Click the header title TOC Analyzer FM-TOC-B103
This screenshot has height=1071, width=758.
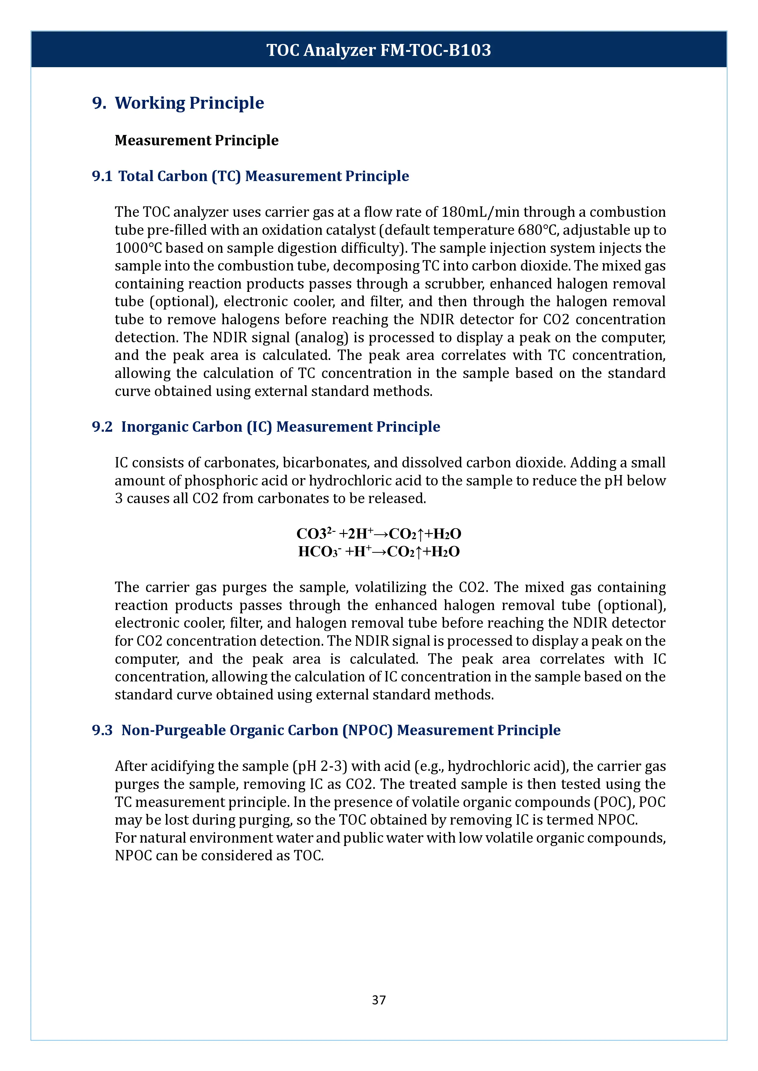pos(379,50)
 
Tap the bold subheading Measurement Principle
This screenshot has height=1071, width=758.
pos(196,140)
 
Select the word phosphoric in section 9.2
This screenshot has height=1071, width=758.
pos(218,481)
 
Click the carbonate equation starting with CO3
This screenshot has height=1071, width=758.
pos(379,534)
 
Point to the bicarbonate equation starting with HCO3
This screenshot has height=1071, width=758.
pos(379,552)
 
